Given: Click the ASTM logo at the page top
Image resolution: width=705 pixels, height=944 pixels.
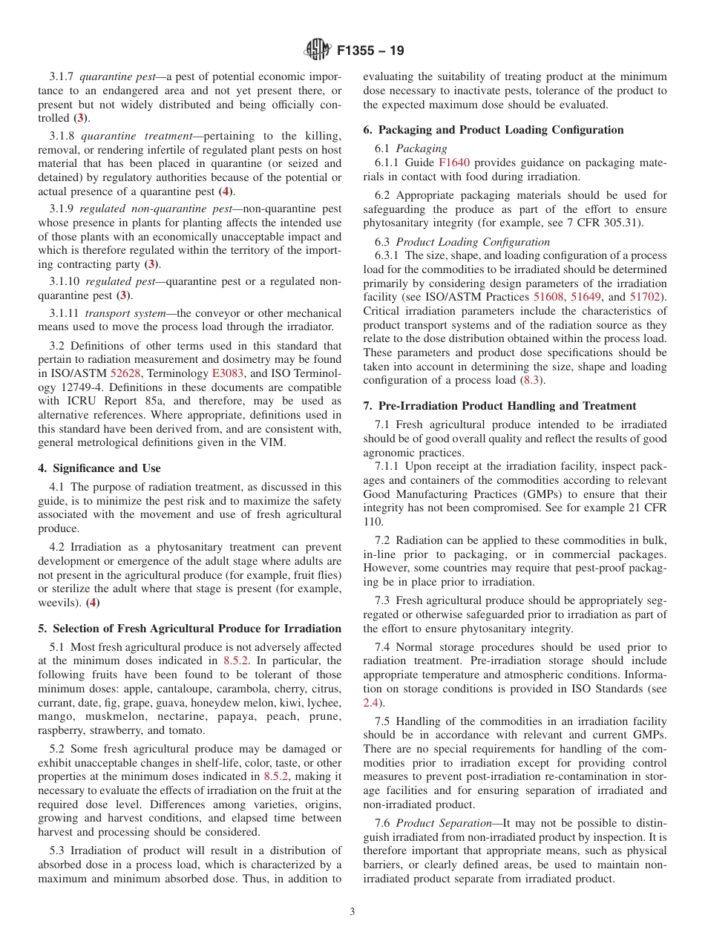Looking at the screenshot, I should coord(318,51).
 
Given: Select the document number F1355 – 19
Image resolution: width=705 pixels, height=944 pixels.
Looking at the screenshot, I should coord(370,51).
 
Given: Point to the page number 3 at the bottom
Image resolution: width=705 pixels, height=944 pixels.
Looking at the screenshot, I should coord(352,911).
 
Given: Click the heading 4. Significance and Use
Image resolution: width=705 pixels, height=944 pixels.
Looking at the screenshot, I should coord(99,468).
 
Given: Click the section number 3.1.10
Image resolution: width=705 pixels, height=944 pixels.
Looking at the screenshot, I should coord(65,281).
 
